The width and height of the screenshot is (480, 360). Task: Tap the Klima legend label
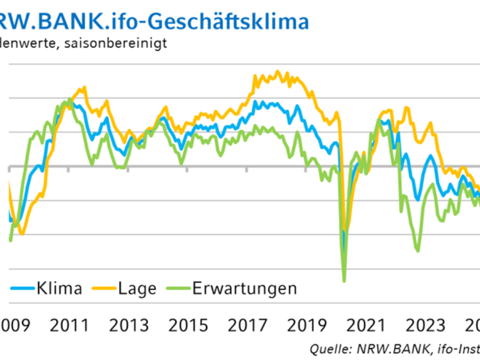pos(59,289)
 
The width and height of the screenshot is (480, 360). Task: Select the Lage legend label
pos(137,289)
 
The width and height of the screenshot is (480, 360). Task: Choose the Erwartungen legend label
pos(245,289)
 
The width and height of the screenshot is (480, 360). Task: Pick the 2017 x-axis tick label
pos(247,325)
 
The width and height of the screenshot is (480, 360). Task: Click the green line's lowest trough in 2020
pos(344,281)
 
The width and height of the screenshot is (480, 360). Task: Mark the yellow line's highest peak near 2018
pos(278,71)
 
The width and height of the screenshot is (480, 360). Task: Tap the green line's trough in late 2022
pos(418,251)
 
